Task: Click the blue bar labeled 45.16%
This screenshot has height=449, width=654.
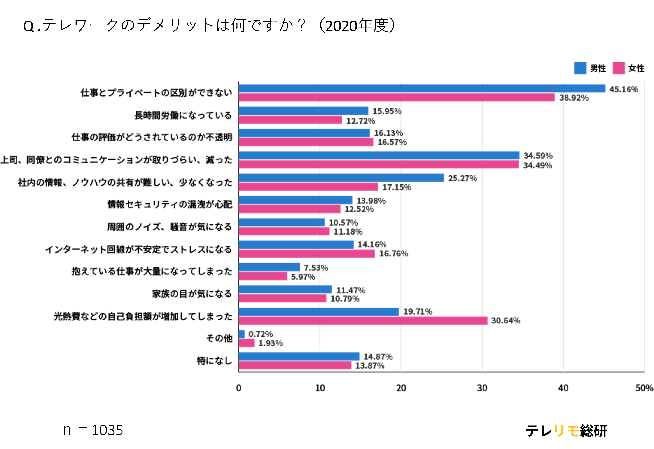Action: pos(422,88)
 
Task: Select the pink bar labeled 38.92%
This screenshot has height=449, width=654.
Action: pos(397,97)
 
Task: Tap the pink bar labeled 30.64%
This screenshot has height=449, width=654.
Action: pos(363,321)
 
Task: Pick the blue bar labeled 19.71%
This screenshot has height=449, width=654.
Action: pos(319,312)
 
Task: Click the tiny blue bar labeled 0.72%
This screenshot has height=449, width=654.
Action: pos(242,334)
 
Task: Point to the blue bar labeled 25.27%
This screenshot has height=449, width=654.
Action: pos(342,178)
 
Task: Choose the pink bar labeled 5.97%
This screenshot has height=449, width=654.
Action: pos(263,276)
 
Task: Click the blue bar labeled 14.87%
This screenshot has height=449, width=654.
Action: pos(299,356)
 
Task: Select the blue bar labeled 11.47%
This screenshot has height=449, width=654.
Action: pos(286,290)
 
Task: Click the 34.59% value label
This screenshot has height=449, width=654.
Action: pos(538,156)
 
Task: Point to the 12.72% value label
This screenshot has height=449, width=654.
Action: pos(360,121)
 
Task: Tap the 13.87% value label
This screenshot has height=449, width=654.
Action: pos(369,366)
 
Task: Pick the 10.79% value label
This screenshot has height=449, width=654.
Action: pos(345,299)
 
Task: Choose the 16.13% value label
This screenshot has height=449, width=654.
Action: pos(388,133)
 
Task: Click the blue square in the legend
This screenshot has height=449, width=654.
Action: pos(581,69)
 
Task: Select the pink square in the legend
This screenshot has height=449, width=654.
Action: pos(619,69)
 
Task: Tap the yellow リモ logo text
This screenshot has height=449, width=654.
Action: pos(567,431)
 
